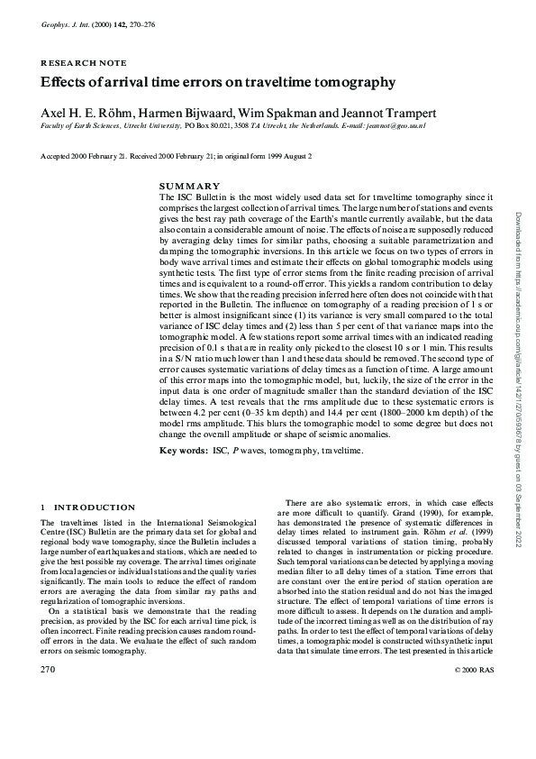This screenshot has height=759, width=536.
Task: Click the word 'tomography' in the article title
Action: point(350,83)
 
